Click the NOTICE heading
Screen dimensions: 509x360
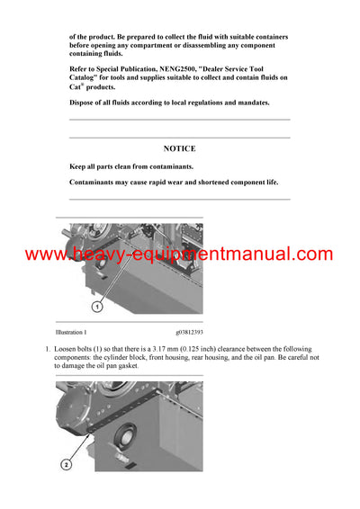[179, 148]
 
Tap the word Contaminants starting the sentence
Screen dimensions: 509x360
[98, 183]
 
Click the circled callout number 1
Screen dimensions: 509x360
[96, 306]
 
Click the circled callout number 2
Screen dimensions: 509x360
[66, 466]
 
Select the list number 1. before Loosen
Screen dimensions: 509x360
[47, 348]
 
